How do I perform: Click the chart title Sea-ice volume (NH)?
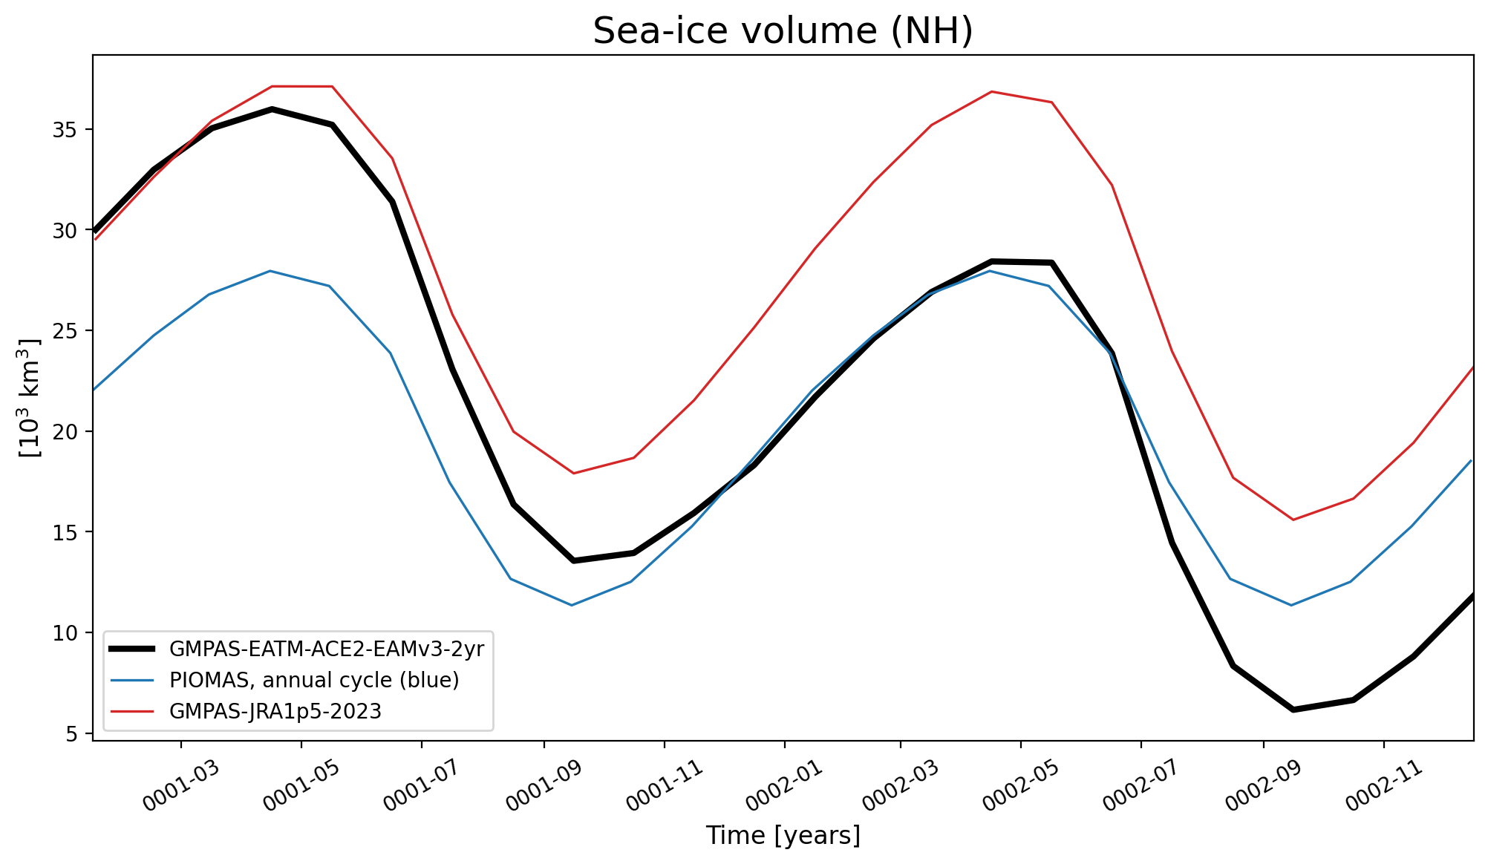[783, 31]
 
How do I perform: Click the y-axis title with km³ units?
[31, 398]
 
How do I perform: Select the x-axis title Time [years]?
[783, 836]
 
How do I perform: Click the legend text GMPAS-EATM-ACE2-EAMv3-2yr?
[327, 649]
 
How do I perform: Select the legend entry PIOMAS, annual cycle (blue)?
[314, 680]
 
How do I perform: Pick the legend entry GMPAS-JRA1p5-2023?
[275, 711]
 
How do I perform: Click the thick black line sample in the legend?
[132, 649]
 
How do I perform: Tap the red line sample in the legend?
[132, 712]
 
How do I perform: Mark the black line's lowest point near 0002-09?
[1293, 710]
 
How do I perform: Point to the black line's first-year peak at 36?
[272, 109]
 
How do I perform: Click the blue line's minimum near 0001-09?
[571, 605]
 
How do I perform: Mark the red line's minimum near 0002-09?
[1293, 520]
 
